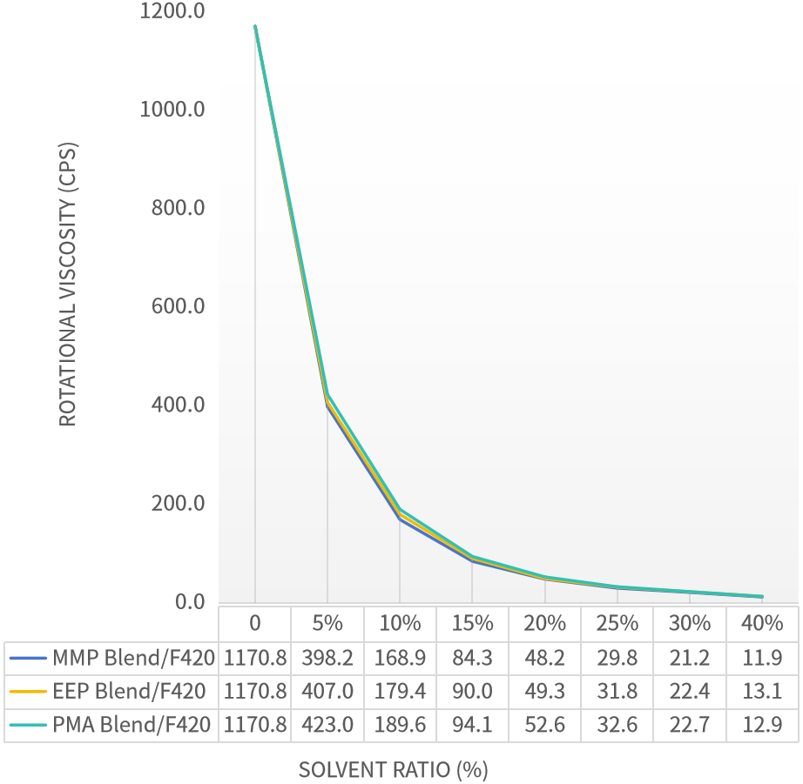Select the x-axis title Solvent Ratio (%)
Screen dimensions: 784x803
(x=394, y=770)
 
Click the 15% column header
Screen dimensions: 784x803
(x=472, y=624)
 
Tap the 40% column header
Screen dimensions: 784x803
(x=762, y=624)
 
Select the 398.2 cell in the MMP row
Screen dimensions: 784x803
(x=327, y=658)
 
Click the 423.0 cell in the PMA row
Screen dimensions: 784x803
(x=327, y=725)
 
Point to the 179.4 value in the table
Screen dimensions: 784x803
(x=399, y=692)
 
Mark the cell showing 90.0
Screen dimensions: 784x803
(x=472, y=692)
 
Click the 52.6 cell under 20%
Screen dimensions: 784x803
(x=544, y=725)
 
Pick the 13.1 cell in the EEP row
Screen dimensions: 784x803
(x=762, y=692)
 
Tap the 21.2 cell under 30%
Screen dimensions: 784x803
(x=689, y=658)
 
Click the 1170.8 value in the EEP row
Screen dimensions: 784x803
(x=254, y=692)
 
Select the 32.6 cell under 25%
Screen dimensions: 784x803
(x=617, y=725)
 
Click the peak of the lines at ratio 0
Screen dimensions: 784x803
(x=255, y=27)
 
